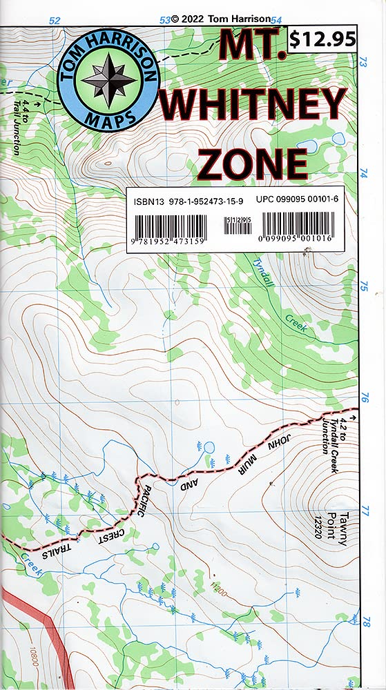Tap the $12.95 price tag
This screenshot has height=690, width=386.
tap(322, 40)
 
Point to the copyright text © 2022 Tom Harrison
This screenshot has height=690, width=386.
tap(218, 19)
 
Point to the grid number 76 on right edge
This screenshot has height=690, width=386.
tap(366, 398)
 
